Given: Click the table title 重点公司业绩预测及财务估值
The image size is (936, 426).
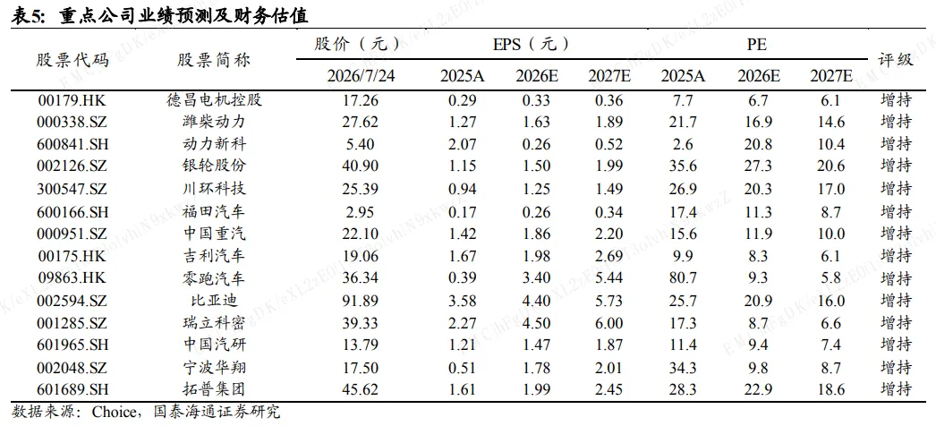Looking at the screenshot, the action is (x=183, y=16).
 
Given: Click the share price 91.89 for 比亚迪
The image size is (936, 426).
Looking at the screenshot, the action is (x=361, y=301).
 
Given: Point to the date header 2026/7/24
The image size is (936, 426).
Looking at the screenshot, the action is (x=361, y=76).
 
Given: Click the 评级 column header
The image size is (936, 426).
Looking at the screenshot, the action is (x=895, y=60).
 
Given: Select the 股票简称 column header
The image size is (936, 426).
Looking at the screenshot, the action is (x=214, y=60).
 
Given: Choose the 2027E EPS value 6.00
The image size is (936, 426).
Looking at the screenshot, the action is (x=608, y=323).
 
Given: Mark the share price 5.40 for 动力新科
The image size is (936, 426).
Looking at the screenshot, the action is (x=361, y=144).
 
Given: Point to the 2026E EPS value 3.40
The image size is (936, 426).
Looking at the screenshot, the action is (x=536, y=278).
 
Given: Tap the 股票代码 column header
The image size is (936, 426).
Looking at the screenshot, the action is (x=72, y=60).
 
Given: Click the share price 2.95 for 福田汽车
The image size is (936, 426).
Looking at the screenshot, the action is (x=361, y=212).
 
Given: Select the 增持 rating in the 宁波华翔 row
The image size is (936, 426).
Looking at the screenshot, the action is (x=896, y=368).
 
